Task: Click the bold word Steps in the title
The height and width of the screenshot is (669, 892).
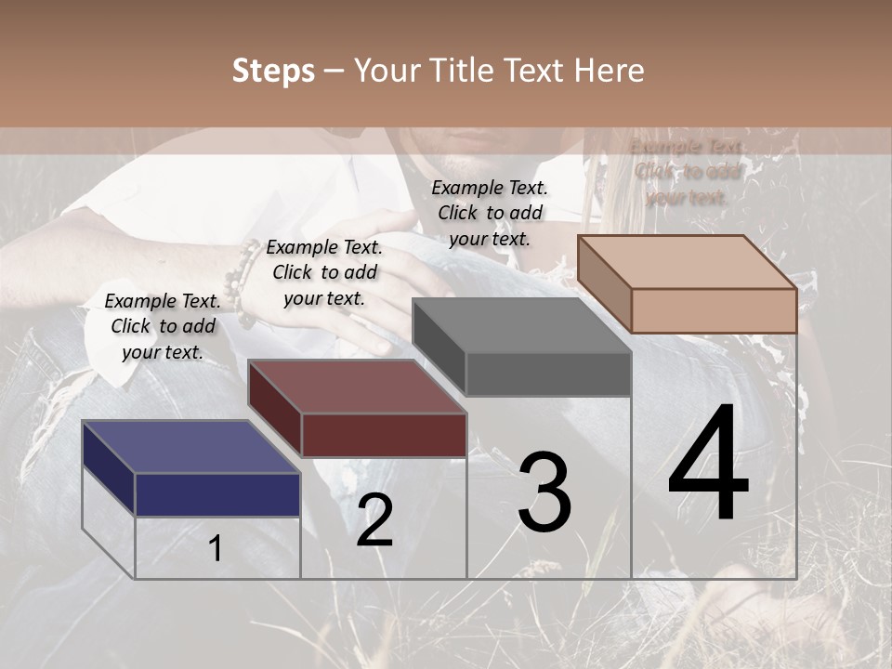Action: click(x=273, y=71)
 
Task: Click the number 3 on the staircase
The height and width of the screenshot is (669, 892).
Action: click(x=544, y=492)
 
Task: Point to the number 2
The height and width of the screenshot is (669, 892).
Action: click(x=374, y=520)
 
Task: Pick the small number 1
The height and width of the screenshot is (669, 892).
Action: click(x=216, y=548)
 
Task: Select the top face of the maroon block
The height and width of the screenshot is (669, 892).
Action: click(x=357, y=387)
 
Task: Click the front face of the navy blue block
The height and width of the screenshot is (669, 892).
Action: click(x=217, y=494)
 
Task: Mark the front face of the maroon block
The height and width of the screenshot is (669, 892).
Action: click(x=384, y=435)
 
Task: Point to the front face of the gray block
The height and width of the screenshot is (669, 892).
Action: click(x=548, y=374)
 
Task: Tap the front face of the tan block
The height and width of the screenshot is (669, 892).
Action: click(x=714, y=310)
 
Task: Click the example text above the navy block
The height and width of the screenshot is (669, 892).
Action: click(x=163, y=326)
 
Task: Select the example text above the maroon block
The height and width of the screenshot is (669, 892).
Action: click(x=324, y=272)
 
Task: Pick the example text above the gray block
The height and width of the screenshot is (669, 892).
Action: click(x=490, y=213)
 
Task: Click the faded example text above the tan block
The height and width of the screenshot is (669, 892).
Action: click(x=687, y=172)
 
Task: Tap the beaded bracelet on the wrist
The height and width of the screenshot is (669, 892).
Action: click(x=243, y=284)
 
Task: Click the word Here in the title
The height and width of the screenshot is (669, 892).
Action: click(x=610, y=71)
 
